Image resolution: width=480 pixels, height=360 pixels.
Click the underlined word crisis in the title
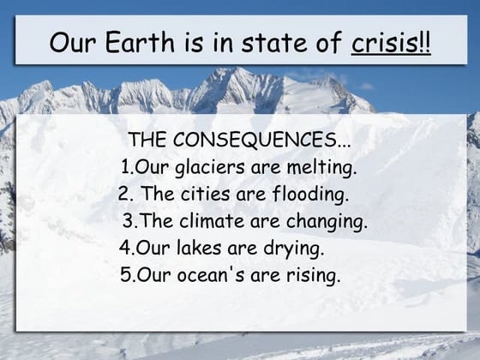point(384,41)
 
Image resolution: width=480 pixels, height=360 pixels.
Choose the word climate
point(217,221)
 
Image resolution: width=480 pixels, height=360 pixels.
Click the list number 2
point(123,194)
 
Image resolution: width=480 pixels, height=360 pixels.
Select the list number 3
point(128,221)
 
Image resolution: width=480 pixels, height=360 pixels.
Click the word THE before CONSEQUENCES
point(146,140)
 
